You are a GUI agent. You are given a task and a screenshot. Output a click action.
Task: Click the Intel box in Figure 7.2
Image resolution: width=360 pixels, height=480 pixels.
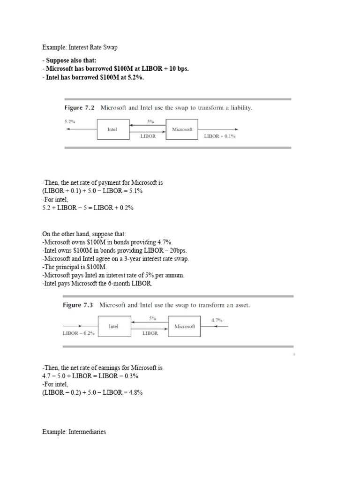112,129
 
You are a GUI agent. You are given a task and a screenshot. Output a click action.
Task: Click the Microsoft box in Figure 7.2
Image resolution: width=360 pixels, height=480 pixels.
182,129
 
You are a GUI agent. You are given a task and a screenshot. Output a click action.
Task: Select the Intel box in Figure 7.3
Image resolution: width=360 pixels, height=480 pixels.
113,326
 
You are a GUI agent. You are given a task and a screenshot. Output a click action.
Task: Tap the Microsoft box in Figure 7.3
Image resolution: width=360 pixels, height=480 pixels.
184,326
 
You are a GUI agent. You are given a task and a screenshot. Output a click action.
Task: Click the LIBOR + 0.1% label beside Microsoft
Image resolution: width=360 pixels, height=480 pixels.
219,136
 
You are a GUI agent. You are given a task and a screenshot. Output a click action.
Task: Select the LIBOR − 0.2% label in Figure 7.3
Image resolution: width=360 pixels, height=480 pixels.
78,333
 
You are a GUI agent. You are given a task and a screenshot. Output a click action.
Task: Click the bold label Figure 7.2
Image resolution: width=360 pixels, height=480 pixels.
79,107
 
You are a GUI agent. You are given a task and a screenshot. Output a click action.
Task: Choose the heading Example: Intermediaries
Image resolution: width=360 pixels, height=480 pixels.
74,432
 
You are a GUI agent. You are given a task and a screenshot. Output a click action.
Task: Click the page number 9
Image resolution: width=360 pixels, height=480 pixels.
293,355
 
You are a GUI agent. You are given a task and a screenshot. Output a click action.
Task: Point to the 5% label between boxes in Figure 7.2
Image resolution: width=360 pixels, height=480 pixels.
150,121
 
